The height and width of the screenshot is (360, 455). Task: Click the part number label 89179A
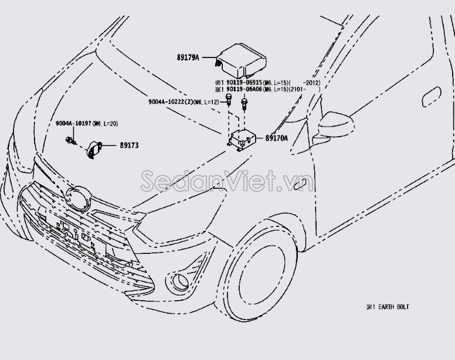(x=188, y=57)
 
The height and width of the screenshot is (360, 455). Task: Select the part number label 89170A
(x=277, y=138)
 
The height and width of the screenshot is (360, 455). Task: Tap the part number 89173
(x=129, y=145)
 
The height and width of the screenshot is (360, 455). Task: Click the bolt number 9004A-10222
(x=175, y=102)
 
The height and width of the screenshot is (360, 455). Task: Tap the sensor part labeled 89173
(x=94, y=148)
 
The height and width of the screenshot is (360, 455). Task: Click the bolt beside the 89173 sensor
(x=71, y=141)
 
